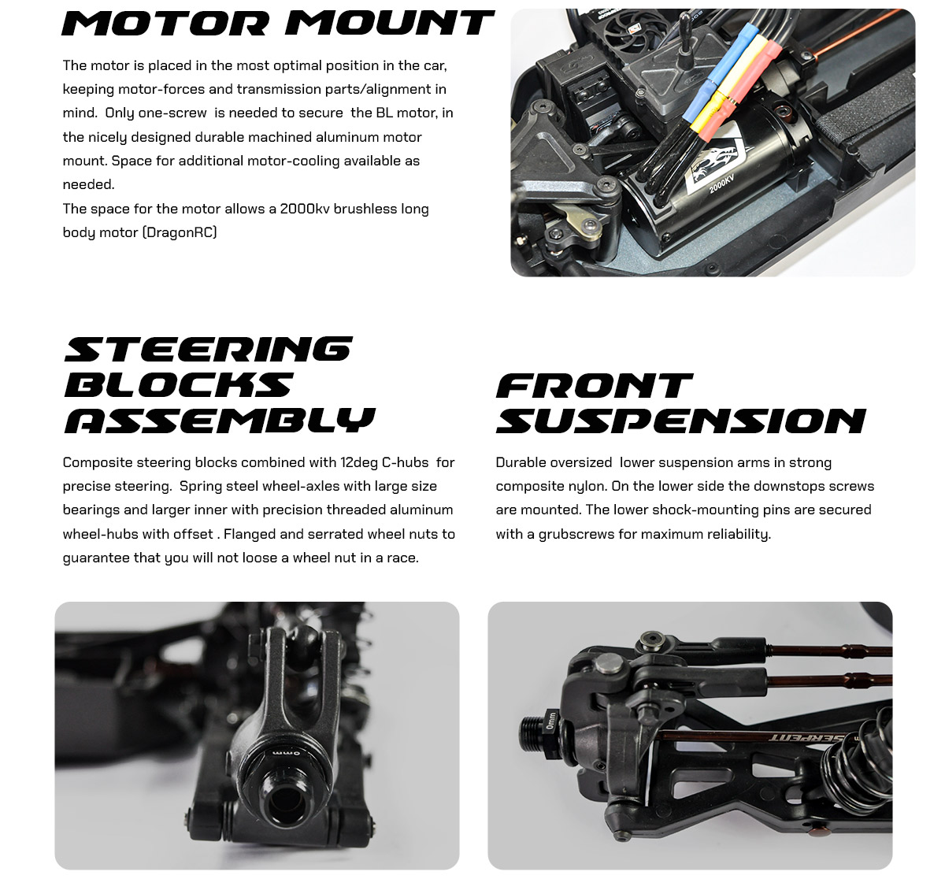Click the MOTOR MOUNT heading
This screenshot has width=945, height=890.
coord(278,23)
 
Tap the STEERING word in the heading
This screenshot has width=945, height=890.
coord(209,349)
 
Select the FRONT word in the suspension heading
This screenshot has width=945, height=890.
coord(594,385)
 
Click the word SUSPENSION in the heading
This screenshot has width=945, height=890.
coord(680,421)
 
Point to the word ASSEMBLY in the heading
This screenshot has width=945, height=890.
coord(220,421)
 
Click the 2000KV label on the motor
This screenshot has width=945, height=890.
coord(721,184)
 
